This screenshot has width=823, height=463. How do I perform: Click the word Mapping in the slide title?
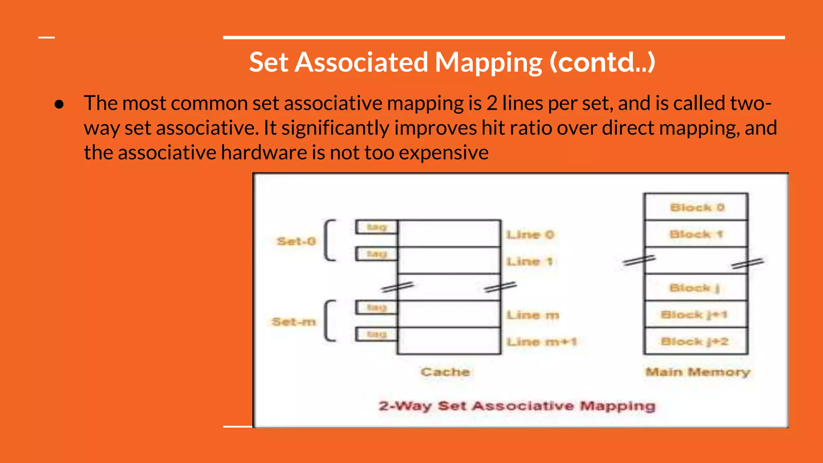pos(488,62)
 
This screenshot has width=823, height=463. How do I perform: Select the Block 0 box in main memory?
pos(696,207)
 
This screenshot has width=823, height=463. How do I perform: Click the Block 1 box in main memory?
pos(696,234)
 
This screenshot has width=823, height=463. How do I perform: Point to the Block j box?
pos(696,288)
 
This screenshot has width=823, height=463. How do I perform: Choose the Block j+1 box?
pos(696,314)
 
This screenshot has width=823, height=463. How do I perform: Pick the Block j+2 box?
pos(696,341)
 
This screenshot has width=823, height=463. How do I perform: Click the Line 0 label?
pos(530,234)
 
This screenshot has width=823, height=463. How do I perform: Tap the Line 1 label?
pos(529,262)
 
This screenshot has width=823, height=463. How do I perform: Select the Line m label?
pos(532,315)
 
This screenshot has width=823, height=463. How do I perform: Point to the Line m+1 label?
pos(541,342)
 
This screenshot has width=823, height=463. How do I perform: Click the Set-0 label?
pos(296,241)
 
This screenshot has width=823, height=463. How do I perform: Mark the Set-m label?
pos(294,322)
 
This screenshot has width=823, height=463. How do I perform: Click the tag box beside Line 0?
pos(377,227)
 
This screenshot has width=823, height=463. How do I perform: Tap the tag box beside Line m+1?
pos(377,334)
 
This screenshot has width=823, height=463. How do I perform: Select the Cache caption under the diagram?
pos(445,372)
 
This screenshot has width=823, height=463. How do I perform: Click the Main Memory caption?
pos(698,372)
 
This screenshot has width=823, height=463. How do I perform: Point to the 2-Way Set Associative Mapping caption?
pos(517,406)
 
